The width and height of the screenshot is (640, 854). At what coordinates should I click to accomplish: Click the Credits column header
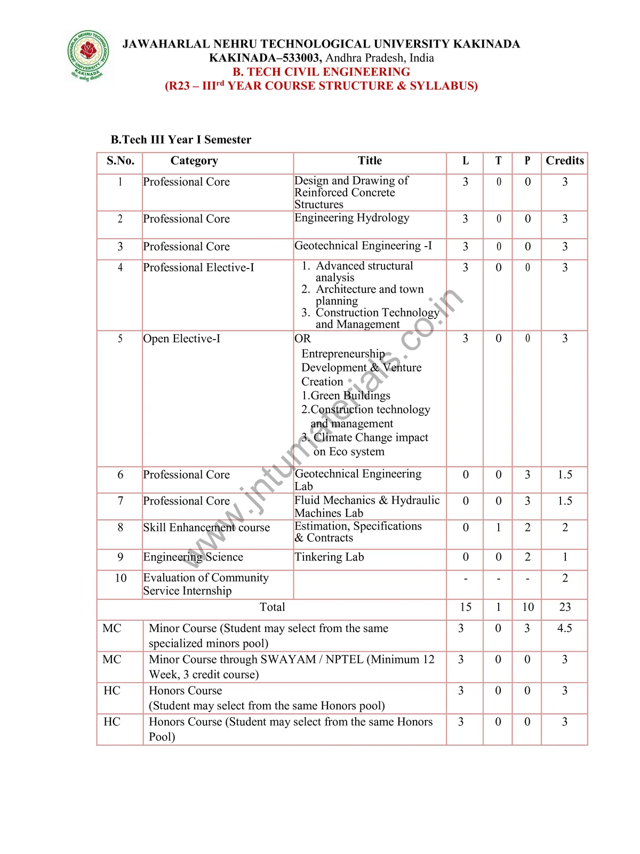tap(564, 161)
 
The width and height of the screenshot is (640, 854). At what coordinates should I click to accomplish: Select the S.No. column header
tap(121, 161)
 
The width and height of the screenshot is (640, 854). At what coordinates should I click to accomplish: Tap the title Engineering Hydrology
tap(352, 218)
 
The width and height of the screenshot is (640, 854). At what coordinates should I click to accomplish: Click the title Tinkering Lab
tap(329, 557)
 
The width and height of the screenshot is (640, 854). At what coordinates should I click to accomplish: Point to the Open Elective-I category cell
tap(181, 339)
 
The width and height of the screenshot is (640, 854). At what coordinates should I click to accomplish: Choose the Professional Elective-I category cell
tap(198, 267)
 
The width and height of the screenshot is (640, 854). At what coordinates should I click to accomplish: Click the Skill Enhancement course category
tap(206, 528)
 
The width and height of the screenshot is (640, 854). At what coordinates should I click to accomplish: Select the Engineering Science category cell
tap(193, 557)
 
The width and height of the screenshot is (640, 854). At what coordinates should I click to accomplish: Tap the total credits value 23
tap(565, 607)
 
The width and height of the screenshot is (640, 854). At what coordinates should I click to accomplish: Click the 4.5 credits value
tap(565, 629)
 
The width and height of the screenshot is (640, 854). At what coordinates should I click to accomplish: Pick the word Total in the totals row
tap(272, 607)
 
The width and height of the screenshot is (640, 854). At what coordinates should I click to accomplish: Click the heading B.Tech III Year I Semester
tap(181, 140)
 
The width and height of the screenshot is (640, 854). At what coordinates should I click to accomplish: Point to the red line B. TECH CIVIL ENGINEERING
tap(321, 72)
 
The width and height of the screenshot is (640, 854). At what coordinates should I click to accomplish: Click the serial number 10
tap(121, 578)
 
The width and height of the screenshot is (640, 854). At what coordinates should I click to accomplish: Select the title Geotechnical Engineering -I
tap(363, 246)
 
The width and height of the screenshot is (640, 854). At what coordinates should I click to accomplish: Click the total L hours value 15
tap(466, 607)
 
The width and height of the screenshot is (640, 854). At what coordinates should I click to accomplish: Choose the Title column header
tap(370, 161)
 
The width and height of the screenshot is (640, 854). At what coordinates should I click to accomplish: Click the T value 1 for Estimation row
tap(498, 528)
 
